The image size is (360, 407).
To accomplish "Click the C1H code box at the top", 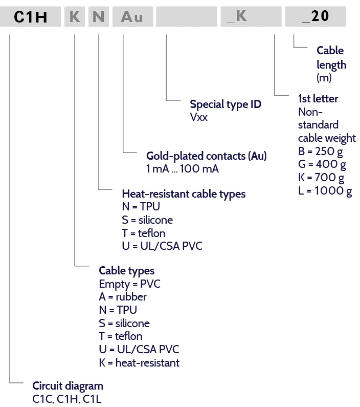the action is [30, 16].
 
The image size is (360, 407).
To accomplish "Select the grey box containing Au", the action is [132, 16].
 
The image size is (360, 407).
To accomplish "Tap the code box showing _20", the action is [316, 16].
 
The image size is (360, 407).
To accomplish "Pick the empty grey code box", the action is [186, 16].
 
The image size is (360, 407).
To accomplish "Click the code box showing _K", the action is [251, 16].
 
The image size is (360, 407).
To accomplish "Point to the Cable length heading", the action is [331, 57].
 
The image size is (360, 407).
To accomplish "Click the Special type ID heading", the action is [226, 104].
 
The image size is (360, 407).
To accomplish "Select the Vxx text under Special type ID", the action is [199, 117].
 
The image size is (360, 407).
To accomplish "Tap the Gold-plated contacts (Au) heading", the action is [206, 156].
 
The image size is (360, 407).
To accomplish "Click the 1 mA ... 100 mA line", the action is [183, 169].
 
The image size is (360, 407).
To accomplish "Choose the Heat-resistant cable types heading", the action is [184, 194].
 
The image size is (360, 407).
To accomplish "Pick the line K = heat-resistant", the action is [139, 362].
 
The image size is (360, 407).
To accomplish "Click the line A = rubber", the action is [123, 297].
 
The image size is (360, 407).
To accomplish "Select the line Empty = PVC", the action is [129, 284].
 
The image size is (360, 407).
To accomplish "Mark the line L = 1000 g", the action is [325, 191].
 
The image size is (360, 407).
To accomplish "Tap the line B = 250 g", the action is [320, 152].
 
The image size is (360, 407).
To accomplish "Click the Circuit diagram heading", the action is [67, 386].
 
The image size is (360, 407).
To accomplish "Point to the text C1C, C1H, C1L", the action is [67, 399].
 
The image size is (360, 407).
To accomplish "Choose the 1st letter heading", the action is [318, 99].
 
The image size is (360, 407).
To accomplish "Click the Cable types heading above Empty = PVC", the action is [126, 271].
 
